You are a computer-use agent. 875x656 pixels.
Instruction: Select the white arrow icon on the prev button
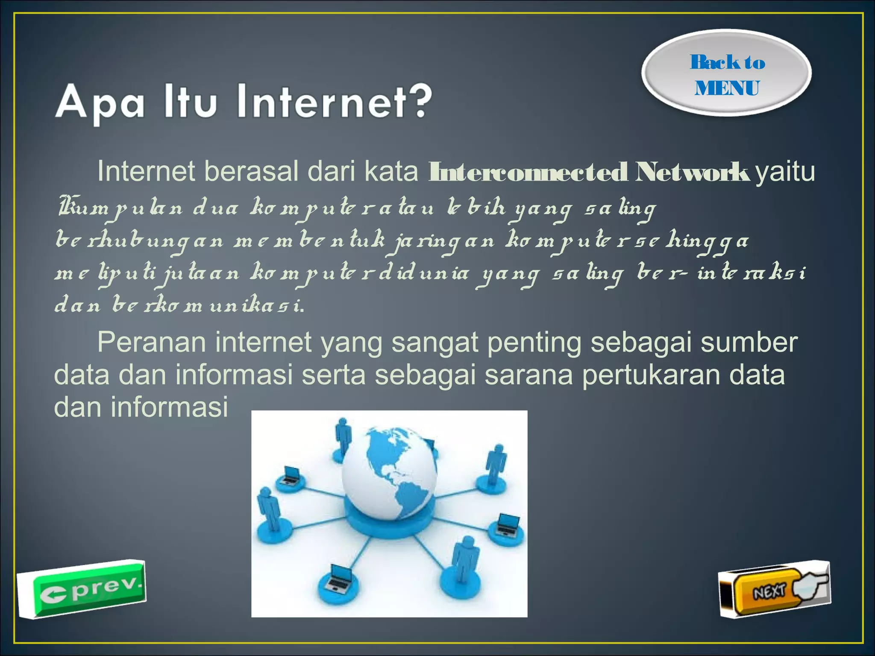pos(53,595)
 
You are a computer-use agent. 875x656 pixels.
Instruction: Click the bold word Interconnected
pos(528,172)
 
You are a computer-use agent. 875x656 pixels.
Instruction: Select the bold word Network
pos(692,172)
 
